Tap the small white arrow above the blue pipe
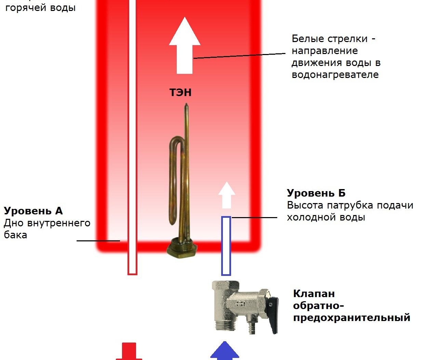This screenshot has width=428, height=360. pyautogui.click(x=227, y=195)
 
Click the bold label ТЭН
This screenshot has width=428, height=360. pyautogui.click(x=180, y=92)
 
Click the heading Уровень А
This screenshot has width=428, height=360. pyautogui.click(x=34, y=211)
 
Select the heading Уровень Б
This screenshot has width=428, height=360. pyautogui.click(x=316, y=193)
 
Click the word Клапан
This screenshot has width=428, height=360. pyautogui.click(x=314, y=294)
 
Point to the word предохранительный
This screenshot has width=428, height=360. pyautogui.click(x=351, y=318)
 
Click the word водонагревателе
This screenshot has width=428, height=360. pyautogui.click(x=335, y=75)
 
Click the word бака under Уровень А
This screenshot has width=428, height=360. pyautogui.click(x=15, y=235)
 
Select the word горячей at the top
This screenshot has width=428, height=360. pyautogui.click(x=26, y=8)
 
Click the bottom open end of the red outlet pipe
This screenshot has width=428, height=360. pyautogui.click(x=132, y=272)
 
